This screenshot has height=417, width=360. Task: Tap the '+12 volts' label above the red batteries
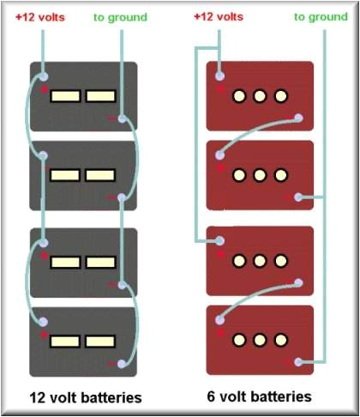click(220, 17)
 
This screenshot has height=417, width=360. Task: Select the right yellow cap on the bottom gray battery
click(100, 341)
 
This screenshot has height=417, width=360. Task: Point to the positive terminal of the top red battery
click(220, 76)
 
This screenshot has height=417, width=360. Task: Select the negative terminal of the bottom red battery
click(299, 362)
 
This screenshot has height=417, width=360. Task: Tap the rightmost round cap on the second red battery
click(280, 175)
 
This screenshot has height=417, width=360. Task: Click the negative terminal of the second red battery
click(299, 197)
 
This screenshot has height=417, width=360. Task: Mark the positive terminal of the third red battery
click(220, 241)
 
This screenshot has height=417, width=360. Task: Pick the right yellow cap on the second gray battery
click(100, 175)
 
